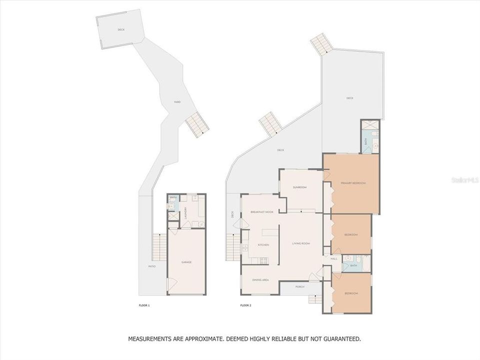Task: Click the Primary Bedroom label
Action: pyautogui.click(x=353, y=183)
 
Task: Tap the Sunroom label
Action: pyautogui.click(x=299, y=187)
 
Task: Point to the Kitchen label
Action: pyautogui.click(x=263, y=245)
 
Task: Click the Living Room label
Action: pyautogui.click(x=301, y=243)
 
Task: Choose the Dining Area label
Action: pyautogui.click(x=260, y=280)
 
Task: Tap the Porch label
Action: pyautogui.click(x=300, y=287)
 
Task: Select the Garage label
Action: pyautogui.click(x=186, y=262)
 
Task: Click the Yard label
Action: pyautogui.click(x=177, y=102)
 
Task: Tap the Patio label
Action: pyautogui.click(x=152, y=266)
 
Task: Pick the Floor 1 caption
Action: pyautogui.click(x=144, y=305)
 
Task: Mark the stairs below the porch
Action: pyautogui.click(x=315, y=299)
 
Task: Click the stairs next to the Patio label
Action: pyautogui.click(x=159, y=247)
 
